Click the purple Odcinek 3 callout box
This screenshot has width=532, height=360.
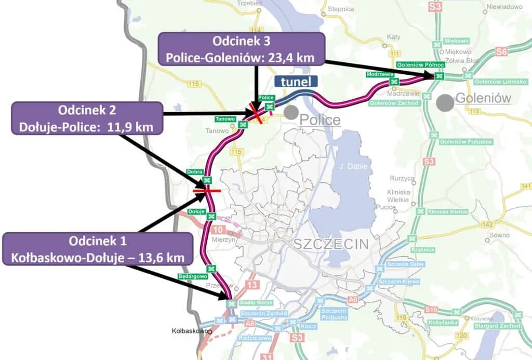pos(241,49)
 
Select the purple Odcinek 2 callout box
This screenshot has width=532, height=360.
pos(87,118)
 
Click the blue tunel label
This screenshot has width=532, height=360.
pos(296,82)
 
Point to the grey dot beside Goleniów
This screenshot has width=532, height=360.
pos(444,102)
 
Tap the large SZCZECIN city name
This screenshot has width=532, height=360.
pos(331,244)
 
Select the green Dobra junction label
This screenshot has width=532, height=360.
pos(194,171)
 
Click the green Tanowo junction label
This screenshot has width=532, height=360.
pos(225,119)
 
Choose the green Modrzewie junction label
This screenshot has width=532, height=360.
pos(378,75)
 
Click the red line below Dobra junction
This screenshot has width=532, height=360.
pos(207,191)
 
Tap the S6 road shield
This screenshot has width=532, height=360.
pos(501,51)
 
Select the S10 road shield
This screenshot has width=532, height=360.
pos(431,310)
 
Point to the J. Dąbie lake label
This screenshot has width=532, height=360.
pos(350,166)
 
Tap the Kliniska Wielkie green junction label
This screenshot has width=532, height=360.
pos(447,212)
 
